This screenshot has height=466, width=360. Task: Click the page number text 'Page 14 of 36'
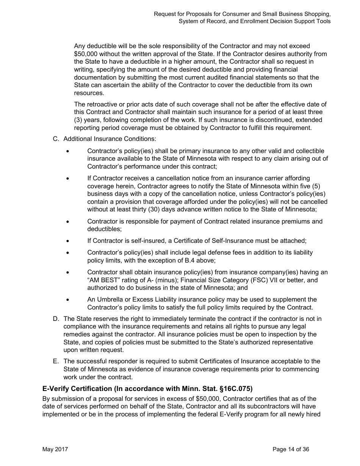coord(291,449)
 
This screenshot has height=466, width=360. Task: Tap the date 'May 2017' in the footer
coord(55,449)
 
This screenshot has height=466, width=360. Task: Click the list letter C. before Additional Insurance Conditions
coord(56,139)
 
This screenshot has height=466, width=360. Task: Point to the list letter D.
coord(56,319)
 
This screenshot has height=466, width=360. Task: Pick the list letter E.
coord(56,361)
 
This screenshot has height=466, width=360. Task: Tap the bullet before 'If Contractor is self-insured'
coord(67,241)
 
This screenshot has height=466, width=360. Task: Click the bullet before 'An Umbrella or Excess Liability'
coord(67,300)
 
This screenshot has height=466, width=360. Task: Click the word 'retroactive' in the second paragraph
coord(100,104)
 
